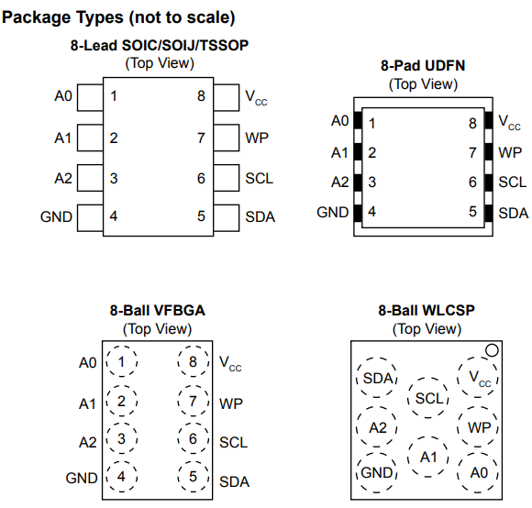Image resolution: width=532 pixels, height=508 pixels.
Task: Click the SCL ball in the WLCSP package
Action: pyautogui.click(x=428, y=397)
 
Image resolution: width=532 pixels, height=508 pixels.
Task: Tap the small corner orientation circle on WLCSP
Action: pyautogui.click(x=492, y=350)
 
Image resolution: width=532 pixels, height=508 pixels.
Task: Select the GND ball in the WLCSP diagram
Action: pyautogui.click(x=377, y=473)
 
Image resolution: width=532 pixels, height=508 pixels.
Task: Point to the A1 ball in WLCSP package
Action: pyautogui.click(x=428, y=457)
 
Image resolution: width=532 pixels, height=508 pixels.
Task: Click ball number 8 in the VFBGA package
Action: pyautogui.click(x=193, y=361)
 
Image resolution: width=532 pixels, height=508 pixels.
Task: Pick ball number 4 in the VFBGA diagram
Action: pyautogui.click(x=122, y=477)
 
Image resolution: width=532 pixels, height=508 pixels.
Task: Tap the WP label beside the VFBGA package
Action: pyautogui.click(x=231, y=403)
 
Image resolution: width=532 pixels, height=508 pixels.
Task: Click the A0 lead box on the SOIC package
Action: pyautogui.click(x=90, y=98)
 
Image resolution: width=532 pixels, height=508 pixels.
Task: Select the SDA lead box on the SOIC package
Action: pyautogui.click(x=227, y=217)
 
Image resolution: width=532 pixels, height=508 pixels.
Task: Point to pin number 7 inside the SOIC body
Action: pyautogui.click(x=201, y=138)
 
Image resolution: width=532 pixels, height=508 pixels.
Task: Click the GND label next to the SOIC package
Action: pyautogui.click(x=56, y=216)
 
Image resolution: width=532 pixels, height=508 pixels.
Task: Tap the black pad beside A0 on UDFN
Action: pyautogui.click(x=358, y=120)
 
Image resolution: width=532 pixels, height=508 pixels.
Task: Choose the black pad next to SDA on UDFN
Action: pyautogui.click(x=489, y=214)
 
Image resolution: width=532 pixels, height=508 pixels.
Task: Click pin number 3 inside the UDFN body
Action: pyautogui.click(x=372, y=182)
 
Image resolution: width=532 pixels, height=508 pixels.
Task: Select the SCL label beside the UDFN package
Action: pyautogui.click(x=513, y=182)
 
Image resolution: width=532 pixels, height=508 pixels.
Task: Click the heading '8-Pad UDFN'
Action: pyautogui.click(x=423, y=65)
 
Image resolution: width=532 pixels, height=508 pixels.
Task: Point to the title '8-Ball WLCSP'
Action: pyautogui.click(x=427, y=310)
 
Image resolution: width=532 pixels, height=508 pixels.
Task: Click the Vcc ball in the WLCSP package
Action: pyautogui.click(x=478, y=377)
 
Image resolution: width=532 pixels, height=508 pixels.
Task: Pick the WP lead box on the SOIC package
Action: pyautogui.click(x=227, y=138)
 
